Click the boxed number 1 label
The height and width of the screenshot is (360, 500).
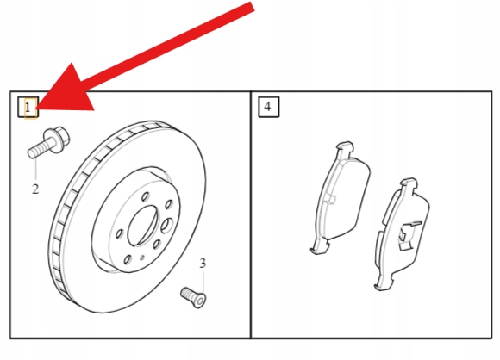(28, 108)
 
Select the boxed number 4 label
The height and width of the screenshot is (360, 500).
(268, 107)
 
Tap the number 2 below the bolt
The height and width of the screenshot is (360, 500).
(35, 189)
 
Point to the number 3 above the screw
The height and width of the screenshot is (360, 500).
(203, 264)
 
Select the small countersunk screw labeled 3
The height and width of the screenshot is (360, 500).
(194, 297)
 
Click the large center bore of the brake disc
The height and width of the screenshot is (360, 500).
(142, 226)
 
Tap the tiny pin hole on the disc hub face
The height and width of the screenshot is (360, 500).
(142, 258)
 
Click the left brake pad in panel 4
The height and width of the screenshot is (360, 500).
(341, 197)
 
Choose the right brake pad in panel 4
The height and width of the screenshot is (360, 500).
(402, 234)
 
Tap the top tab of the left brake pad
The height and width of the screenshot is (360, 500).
(344, 148)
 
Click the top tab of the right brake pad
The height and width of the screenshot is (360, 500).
(409, 185)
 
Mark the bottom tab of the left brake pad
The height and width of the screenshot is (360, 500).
(320, 247)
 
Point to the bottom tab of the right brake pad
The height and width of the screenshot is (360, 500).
(384, 283)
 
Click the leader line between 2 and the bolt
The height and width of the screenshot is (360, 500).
(35, 170)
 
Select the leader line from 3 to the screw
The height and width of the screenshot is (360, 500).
(203, 282)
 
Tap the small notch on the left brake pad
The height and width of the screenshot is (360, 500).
(330, 198)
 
